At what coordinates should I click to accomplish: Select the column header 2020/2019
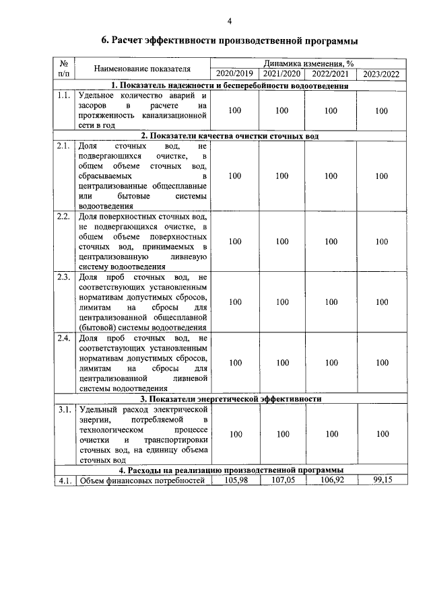point(235,73)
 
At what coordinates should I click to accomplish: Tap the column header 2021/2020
point(281,73)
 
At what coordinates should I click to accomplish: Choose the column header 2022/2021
point(331,73)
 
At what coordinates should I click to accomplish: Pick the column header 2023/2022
point(381,73)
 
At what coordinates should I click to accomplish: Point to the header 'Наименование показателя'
point(142,69)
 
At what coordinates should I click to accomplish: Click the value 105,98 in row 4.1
point(235,480)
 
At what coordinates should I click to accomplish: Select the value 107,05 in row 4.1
point(282,480)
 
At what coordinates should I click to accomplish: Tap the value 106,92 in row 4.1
point(331,480)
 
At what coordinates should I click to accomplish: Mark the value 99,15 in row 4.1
point(382,480)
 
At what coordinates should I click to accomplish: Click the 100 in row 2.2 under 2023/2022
point(382,242)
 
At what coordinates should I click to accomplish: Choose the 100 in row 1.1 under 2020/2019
point(235,111)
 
